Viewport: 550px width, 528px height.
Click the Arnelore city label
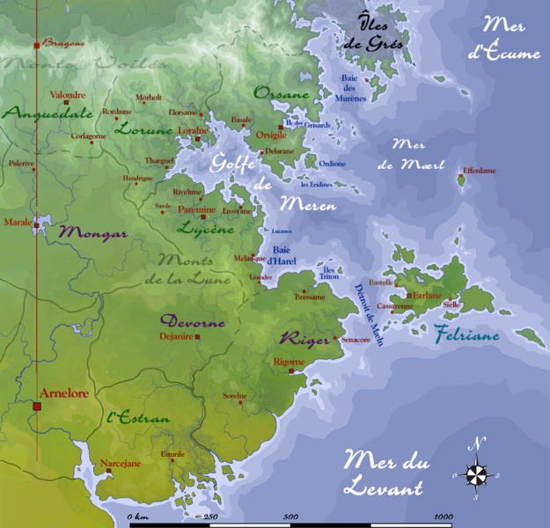click(x=64, y=393)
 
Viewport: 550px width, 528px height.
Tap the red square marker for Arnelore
click(x=37, y=407)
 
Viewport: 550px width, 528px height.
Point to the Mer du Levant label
click(x=383, y=473)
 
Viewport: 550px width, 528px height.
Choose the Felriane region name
click(x=466, y=335)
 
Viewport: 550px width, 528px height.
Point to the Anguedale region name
click(x=35, y=113)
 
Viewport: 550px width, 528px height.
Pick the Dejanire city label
click(x=176, y=335)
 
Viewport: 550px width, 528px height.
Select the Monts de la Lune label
click(x=194, y=269)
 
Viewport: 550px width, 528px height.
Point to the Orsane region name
click(x=282, y=93)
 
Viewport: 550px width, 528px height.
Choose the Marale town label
click(x=17, y=223)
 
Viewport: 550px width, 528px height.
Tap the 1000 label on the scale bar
click(x=442, y=517)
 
